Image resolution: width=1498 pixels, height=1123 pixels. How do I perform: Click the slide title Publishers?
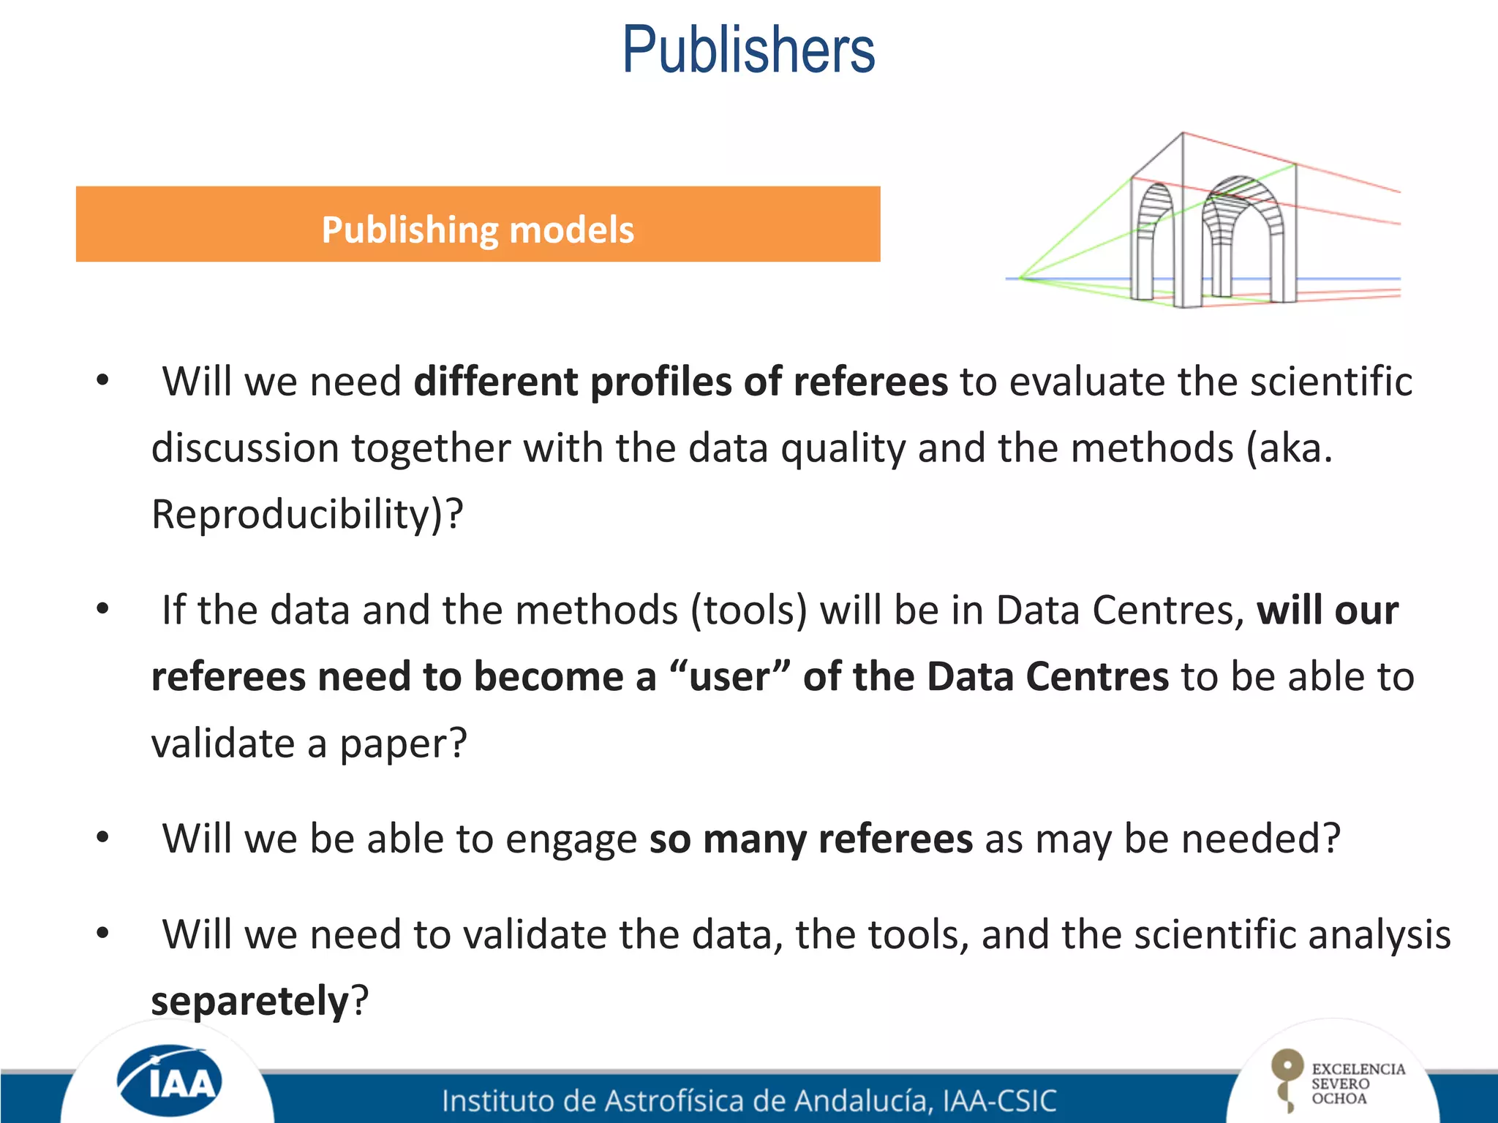coord(748,50)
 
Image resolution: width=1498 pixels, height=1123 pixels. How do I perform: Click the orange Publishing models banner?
coord(478,224)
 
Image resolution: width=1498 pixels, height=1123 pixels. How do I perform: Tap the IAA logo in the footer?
coord(169,1081)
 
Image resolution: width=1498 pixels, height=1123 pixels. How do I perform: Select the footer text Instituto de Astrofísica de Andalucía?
coord(688,1100)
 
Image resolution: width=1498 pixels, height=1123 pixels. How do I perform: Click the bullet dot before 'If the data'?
coord(102,608)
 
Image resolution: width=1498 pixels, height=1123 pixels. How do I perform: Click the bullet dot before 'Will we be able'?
coord(102,836)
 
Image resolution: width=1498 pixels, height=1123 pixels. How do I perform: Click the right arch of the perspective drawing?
coord(1242,234)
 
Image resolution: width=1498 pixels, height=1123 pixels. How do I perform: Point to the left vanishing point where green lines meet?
coord(1021,278)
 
